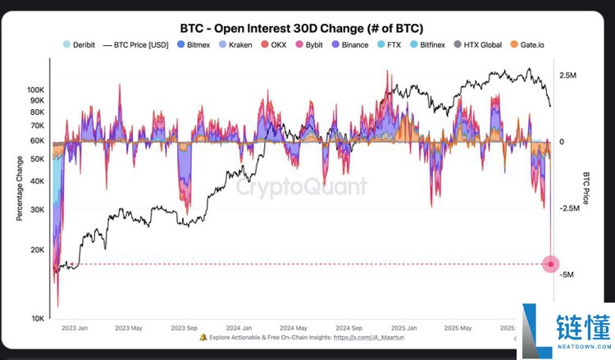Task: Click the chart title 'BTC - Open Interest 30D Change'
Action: pos(303,28)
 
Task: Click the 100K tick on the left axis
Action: pos(36,89)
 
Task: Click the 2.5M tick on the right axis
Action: pos(568,75)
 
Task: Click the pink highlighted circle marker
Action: pos(551,264)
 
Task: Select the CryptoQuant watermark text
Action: pos(302,187)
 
